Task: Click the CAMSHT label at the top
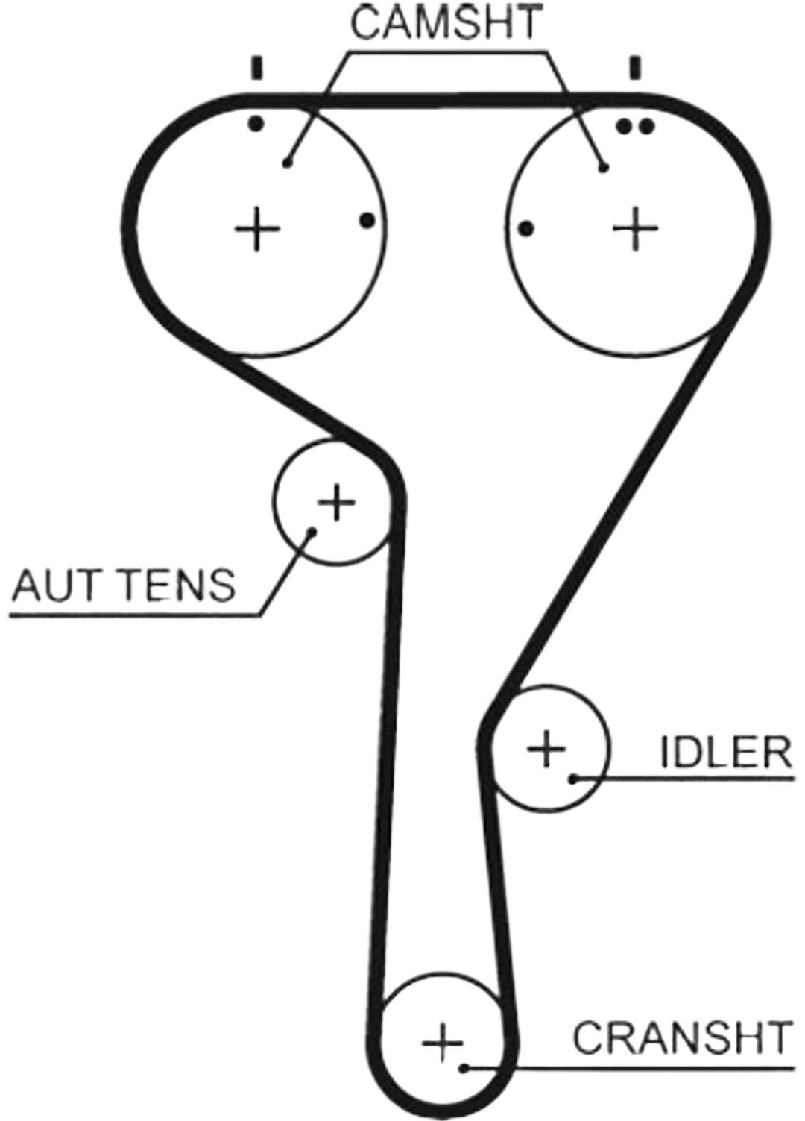(446, 22)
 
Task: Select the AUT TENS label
(124, 585)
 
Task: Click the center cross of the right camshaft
(636, 229)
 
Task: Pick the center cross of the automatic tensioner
(336, 501)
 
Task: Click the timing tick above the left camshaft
(257, 68)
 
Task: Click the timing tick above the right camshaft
(635, 68)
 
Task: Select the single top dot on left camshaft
(256, 123)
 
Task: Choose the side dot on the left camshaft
(367, 220)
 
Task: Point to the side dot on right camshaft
(526, 229)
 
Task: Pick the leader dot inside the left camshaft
(286, 163)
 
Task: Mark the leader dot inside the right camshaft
(604, 168)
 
